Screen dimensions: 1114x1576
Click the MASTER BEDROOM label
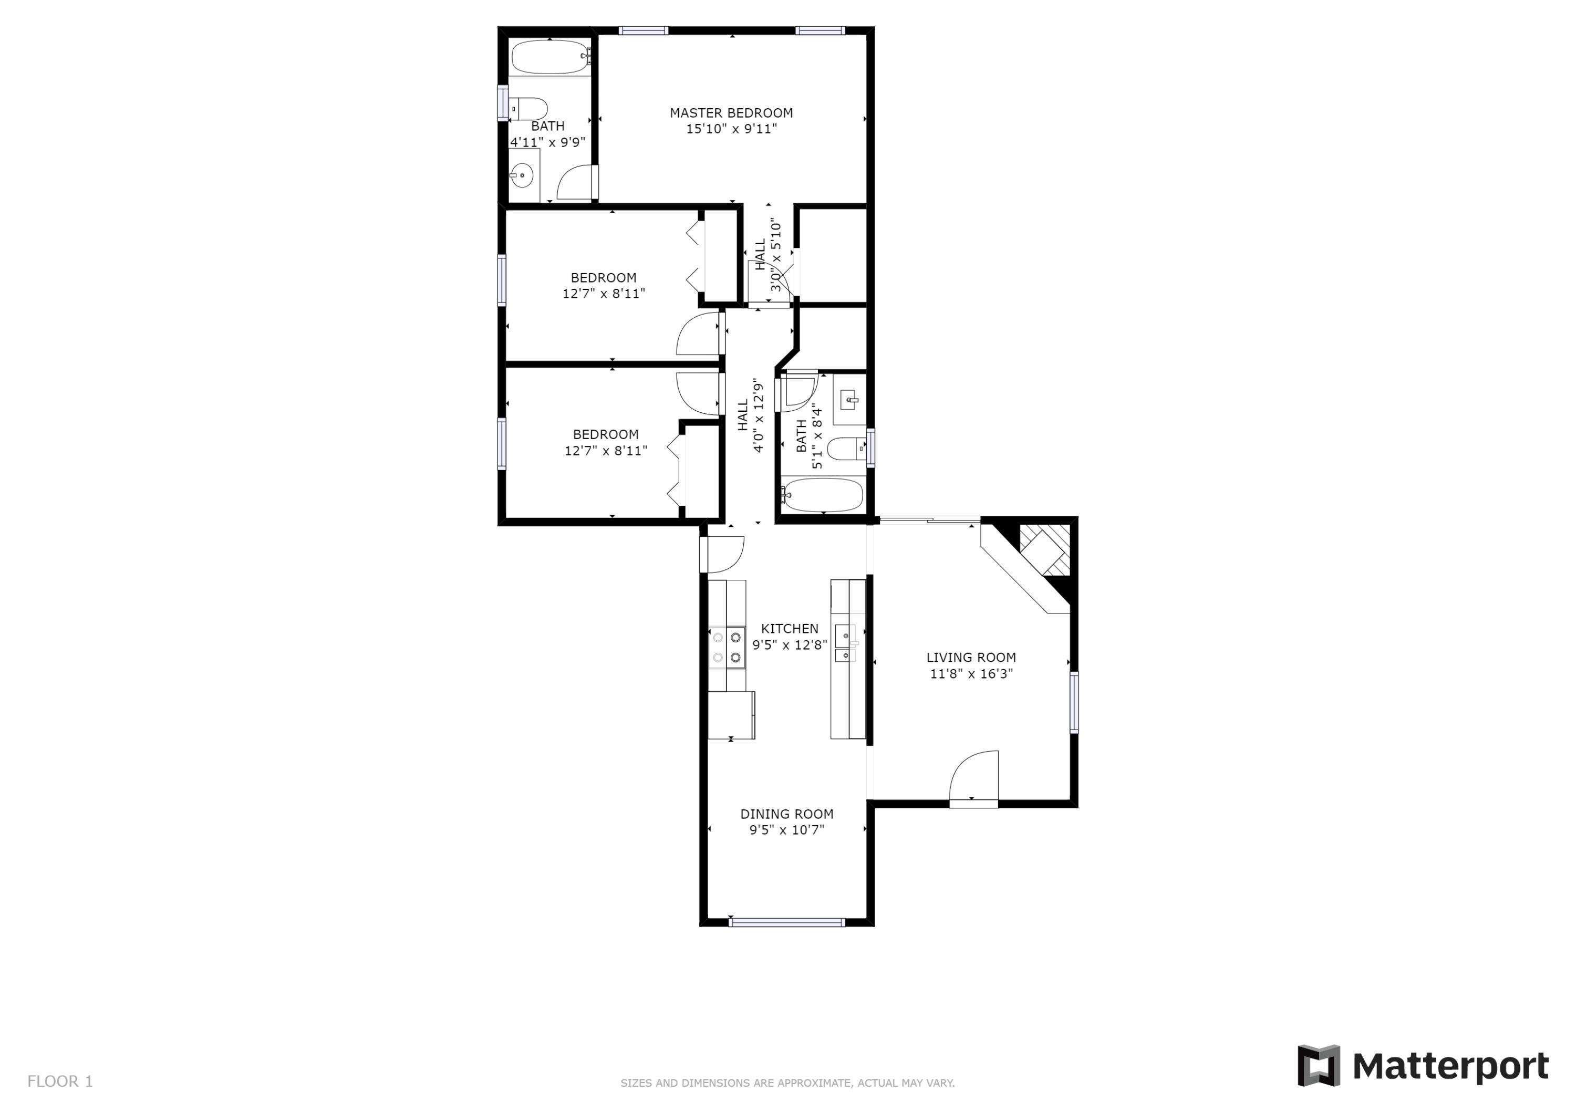tap(731, 112)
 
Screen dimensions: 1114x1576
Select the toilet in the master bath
tap(530, 108)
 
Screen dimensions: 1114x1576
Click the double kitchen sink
tap(845, 643)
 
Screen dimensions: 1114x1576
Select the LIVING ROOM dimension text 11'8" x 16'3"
tap(971, 674)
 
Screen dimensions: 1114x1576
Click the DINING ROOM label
tap(786, 814)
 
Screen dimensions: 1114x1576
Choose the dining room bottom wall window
tap(786, 922)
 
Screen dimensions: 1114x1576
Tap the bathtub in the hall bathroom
tap(822, 495)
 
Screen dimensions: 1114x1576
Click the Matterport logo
tap(1423, 1066)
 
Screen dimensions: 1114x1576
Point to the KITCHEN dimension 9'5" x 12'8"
tap(790, 645)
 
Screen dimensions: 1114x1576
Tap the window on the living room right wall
tap(1074, 702)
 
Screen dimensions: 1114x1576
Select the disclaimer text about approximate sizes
tap(787, 1083)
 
